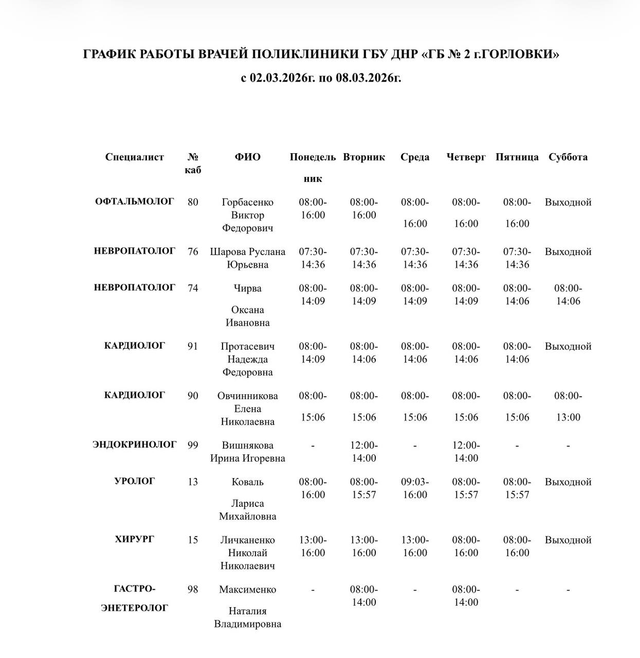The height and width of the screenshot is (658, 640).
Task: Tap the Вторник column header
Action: (x=364, y=157)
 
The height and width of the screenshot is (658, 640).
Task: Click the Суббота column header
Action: (x=568, y=157)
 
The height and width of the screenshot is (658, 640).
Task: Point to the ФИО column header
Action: (x=247, y=157)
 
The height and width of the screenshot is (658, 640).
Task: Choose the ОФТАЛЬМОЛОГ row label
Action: (x=135, y=202)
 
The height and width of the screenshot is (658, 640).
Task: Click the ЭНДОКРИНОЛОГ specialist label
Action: (x=135, y=444)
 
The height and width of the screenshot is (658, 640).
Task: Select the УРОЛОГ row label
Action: (x=135, y=481)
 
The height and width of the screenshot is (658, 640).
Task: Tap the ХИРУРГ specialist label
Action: (x=135, y=539)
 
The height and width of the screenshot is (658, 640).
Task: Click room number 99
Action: (x=193, y=445)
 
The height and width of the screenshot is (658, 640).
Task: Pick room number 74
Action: (x=193, y=288)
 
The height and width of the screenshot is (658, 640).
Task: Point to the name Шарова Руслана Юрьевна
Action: (x=247, y=258)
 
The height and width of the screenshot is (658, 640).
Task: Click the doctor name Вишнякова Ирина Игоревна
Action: (x=247, y=452)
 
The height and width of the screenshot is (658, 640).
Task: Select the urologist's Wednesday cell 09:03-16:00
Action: (x=415, y=488)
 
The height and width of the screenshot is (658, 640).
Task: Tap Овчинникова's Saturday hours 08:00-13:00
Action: (x=568, y=407)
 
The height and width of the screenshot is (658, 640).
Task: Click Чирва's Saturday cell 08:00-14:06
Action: (x=568, y=295)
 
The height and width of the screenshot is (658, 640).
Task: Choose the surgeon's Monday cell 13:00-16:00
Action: (x=313, y=546)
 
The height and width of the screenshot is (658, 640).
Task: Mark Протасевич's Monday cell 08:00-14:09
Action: (x=313, y=353)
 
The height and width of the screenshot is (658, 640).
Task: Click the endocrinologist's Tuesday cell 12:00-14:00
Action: (x=364, y=452)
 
